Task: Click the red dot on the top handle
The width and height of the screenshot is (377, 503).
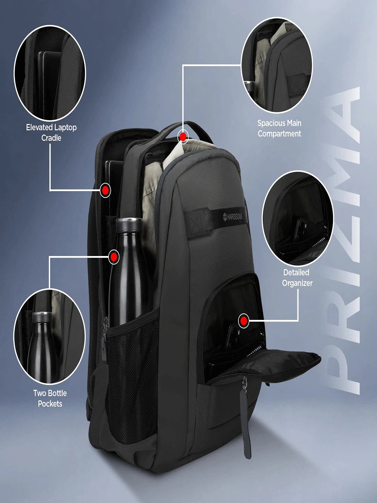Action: pos(183,137)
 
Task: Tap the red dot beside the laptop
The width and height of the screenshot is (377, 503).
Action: pos(105,190)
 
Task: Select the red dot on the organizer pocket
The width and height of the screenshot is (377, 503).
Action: pos(244,321)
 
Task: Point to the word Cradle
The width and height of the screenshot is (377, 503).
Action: pos(51,138)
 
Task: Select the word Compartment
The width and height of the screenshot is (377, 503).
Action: pos(279,133)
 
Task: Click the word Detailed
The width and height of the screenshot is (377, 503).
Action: pos(296,272)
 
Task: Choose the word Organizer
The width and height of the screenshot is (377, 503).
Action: pos(297,283)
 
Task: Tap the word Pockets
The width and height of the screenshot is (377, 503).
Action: pos(50,403)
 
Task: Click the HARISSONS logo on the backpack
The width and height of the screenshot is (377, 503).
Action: pos(233,216)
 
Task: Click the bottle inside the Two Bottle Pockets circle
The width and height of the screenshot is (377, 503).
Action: pos(41,346)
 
